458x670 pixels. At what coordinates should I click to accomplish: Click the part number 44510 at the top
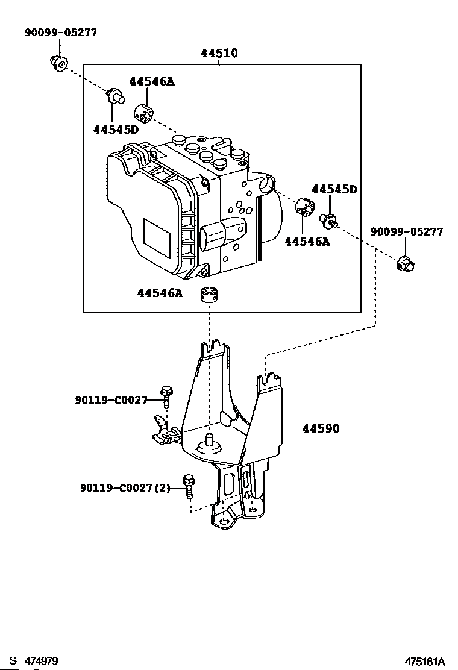click(x=219, y=54)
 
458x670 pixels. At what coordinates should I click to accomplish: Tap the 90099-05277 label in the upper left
click(x=61, y=33)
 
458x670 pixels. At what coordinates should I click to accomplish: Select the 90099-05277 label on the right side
click(x=407, y=231)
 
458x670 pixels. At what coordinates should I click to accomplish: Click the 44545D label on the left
click(x=116, y=129)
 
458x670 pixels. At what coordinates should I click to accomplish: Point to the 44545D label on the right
click(x=334, y=189)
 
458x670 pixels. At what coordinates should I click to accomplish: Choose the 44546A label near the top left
click(x=152, y=81)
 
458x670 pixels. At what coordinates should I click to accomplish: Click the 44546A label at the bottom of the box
click(x=160, y=293)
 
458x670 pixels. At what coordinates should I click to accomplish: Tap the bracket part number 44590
click(x=321, y=428)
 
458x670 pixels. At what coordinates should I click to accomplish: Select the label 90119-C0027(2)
click(x=125, y=487)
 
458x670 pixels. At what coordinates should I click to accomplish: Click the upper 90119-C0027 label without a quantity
click(x=111, y=400)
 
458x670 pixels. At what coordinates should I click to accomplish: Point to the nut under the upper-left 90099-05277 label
click(x=57, y=63)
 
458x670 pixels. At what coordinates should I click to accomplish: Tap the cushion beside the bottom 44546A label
click(x=209, y=295)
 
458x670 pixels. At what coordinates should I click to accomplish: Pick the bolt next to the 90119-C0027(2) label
click(x=189, y=486)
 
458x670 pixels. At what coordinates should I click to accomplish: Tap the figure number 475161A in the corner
click(x=425, y=662)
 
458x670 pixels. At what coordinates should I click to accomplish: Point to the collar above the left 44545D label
click(x=116, y=95)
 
